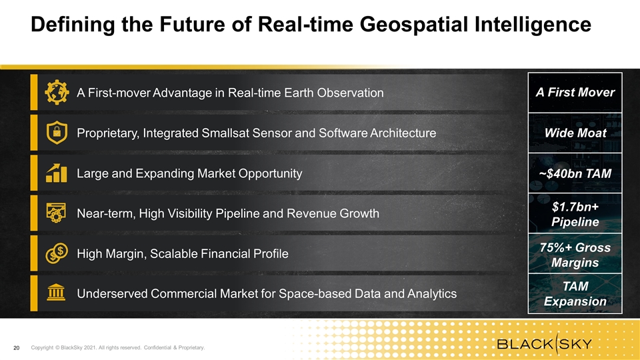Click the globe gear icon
pos(57,92)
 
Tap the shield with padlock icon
pos(57,133)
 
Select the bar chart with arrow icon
pos(56,173)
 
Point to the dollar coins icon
pos(57,253)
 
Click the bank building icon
pos(56,293)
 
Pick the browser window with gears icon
pos(56,213)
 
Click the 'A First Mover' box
pos(575,93)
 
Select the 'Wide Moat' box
pos(575,133)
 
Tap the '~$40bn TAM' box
pos(575,173)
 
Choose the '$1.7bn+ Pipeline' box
pos(575,213)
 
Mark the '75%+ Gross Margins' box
pos(575,253)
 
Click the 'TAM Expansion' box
pos(575,293)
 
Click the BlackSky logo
pos(545,343)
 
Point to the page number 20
pos(16,348)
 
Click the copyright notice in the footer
pos(118,348)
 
